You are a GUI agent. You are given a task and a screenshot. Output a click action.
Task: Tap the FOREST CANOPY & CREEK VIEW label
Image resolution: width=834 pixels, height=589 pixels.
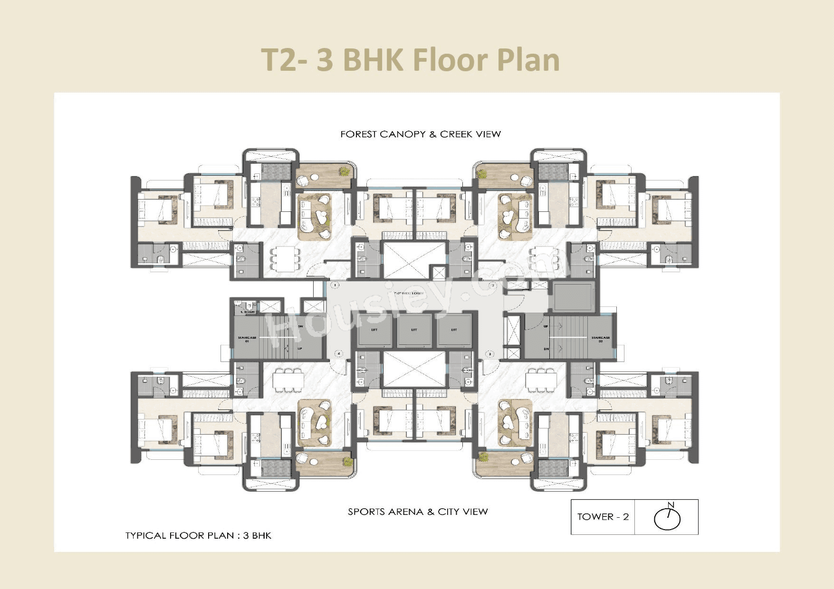(421, 134)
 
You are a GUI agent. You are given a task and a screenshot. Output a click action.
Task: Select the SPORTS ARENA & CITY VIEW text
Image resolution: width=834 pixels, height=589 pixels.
(418, 512)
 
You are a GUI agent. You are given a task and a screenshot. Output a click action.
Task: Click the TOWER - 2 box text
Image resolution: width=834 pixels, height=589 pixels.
(603, 517)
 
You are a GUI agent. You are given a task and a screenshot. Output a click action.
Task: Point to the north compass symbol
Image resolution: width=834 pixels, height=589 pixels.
(667, 517)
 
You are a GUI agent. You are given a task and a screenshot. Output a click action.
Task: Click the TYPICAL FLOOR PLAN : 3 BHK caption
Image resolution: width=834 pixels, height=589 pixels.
(198, 536)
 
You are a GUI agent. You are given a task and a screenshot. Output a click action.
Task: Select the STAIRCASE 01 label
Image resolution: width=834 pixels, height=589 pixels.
(247, 339)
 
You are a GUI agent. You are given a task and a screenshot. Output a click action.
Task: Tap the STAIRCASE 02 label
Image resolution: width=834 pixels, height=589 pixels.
(601, 339)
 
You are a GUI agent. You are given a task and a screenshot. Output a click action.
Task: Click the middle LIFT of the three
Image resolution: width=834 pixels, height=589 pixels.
(414, 330)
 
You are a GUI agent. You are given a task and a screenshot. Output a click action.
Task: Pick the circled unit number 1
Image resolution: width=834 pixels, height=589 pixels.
(335, 285)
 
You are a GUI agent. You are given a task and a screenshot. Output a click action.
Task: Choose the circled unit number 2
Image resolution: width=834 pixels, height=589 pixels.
(493, 285)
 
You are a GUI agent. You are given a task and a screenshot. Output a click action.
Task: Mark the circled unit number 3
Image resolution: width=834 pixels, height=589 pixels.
(490, 354)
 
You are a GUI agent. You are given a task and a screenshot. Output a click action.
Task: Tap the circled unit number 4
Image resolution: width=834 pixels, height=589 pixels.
(339, 354)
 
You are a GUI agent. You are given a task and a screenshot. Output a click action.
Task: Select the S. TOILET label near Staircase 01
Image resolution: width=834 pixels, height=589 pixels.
(248, 312)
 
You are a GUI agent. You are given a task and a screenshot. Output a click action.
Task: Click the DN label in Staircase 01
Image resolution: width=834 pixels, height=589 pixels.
(300, 327)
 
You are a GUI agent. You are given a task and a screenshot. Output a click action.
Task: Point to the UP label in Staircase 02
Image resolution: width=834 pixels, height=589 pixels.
(546, 327)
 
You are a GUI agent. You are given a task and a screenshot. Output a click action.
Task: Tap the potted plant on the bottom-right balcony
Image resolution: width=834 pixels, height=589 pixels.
(484, 457)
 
